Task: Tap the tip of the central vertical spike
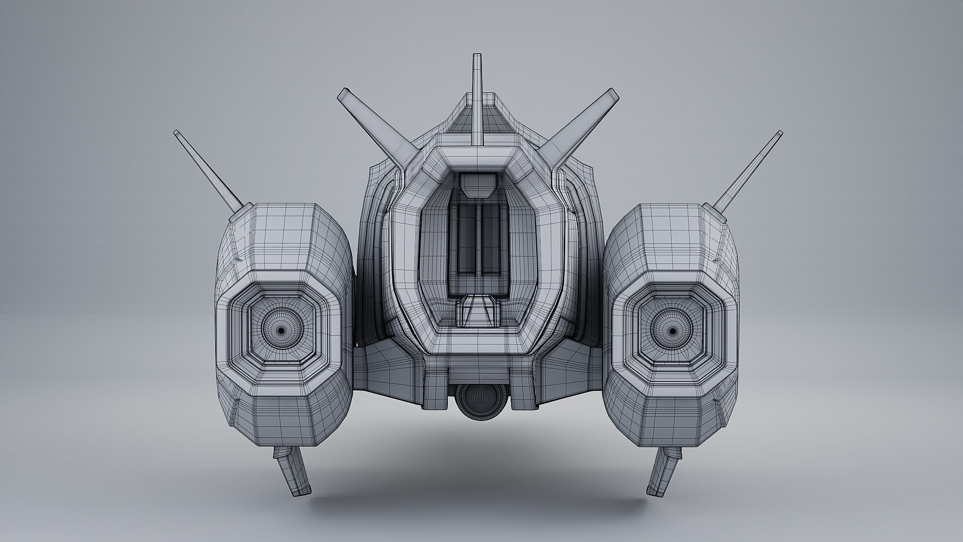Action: click(x=476, y=56)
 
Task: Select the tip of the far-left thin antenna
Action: click(x=177, y=132)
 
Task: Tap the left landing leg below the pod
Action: click(x=293, y=472)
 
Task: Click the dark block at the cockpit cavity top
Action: click(x=476, y=184)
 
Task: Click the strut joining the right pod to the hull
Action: click(x=567, y=369)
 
